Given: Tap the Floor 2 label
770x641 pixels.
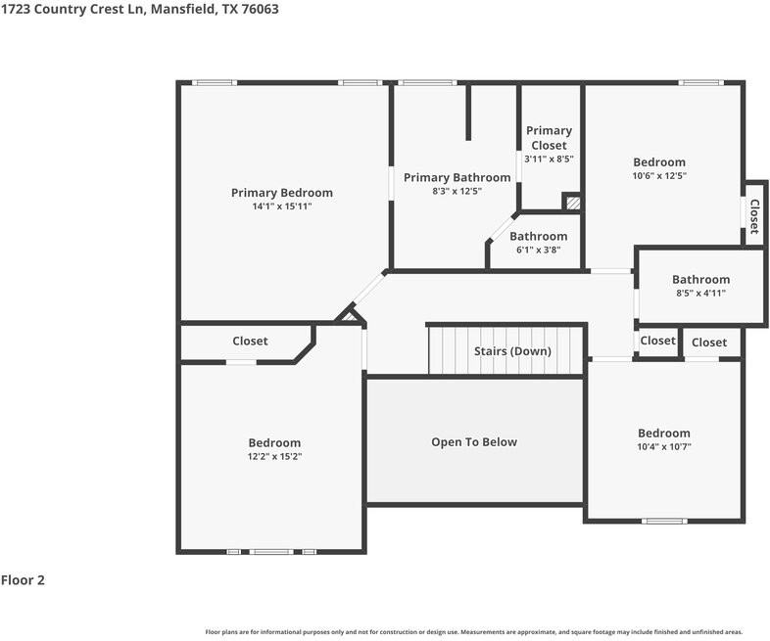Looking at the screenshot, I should (23, 580).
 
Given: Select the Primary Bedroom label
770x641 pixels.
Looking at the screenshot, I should (281, 193).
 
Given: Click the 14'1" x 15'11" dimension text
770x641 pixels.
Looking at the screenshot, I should (281, 206).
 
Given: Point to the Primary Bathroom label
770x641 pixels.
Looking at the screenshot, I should (457, 177).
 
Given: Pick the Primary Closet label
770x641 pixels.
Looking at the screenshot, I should (549, 138).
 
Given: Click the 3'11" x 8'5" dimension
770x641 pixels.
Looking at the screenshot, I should (549, 159).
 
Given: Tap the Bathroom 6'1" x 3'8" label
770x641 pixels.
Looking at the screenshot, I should (538, 236).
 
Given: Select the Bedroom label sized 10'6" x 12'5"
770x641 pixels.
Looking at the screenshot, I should (659, 162).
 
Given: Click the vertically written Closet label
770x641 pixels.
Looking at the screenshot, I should (754, 216).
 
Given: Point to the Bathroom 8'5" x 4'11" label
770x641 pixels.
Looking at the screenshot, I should (700, 279).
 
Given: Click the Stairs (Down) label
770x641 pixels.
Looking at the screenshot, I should (512, 351).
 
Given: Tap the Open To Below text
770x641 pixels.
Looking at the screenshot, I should (474, 442).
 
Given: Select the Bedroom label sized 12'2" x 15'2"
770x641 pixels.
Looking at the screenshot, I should (274, 443).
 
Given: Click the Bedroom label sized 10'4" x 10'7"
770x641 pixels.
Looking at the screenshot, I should (664, 434).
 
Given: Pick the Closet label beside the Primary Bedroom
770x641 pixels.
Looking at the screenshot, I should (250, 342).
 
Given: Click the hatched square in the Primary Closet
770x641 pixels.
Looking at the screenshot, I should (572, 203).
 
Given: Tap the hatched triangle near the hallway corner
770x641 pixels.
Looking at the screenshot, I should (349, 315).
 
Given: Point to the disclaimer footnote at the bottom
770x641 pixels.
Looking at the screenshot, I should (474, 632).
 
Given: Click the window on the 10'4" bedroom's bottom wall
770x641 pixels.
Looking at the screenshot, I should (664, 521).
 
